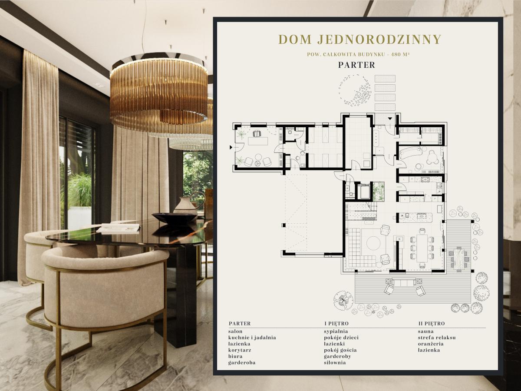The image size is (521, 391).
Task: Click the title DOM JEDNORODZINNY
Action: pos(359,40)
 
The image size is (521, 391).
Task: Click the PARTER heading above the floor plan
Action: pos(356,65)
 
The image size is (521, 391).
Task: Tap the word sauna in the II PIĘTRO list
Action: pos(426,331)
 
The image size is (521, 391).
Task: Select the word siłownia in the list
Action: pos(335,362)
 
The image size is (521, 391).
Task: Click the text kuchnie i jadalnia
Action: pos(252,338)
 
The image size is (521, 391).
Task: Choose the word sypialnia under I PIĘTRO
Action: pos(336,331)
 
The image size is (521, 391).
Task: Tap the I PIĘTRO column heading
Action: pos(336,324)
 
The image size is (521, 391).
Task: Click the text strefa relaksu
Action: pos(437,338)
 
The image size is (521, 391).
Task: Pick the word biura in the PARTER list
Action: pos(235,356)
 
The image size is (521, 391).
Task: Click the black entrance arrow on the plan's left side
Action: pos(231,148)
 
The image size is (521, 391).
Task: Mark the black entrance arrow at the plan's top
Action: pos(390,118)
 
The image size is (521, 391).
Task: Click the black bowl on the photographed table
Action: pos(175,218)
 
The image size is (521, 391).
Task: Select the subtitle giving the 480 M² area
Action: pos(359,54)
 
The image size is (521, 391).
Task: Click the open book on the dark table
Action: pos(119,228)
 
